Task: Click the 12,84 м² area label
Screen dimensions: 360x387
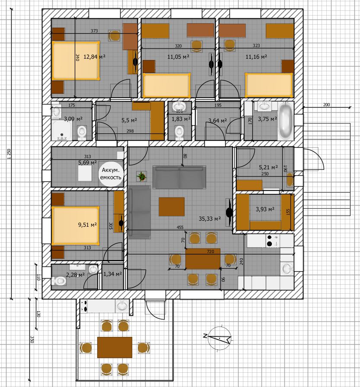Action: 94,57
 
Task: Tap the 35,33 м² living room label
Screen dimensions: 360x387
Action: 210,219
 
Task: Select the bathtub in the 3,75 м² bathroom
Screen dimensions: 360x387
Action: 285,121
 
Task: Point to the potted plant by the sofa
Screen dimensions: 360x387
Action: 142,176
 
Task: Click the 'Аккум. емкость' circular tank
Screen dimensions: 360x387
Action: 111,174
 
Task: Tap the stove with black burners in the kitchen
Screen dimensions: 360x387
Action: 272,241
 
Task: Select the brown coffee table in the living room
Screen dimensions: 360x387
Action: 172,206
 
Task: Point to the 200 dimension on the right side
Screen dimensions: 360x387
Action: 326,105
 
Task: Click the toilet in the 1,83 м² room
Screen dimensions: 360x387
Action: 179,132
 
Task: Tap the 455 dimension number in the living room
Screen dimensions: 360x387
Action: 180,227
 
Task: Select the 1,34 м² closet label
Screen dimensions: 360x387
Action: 113,274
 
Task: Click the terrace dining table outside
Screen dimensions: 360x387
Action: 115,347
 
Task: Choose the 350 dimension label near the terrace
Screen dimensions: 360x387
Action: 32,339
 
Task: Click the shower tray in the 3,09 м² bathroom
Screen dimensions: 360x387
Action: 62,130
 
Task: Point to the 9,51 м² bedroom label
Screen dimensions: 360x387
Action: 87,225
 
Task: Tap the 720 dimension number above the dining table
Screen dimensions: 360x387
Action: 210,251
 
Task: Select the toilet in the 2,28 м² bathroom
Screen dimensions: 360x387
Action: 59,281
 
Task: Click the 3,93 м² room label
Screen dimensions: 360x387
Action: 265,209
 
